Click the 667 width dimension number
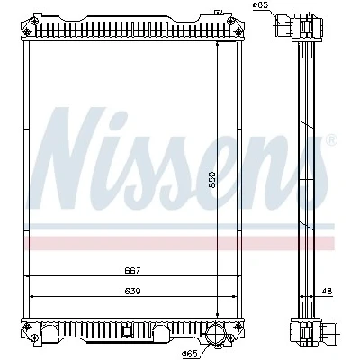click(x=132, y=271)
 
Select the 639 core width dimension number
click(x=132, y=291)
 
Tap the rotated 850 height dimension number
click(x=212, y=180)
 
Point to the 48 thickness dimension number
click(x=328, y=291)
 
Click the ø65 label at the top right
click(x=260, y=4)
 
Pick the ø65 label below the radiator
click(x=190, y=354)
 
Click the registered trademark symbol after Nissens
click(x=331, y=139)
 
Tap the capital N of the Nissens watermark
click(x=66, y=158)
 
